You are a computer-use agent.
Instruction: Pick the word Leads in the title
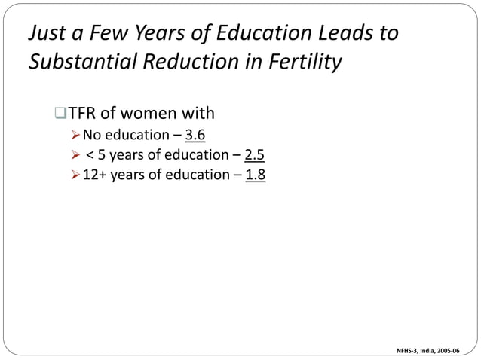(x=329, y=34)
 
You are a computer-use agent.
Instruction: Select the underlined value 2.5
(x=255, y=156)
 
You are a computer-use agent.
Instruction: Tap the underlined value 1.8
(x=255, y=175)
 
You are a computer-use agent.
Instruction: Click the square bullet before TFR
(x=61, y=114)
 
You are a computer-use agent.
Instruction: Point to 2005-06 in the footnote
(x=453, y=349)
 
